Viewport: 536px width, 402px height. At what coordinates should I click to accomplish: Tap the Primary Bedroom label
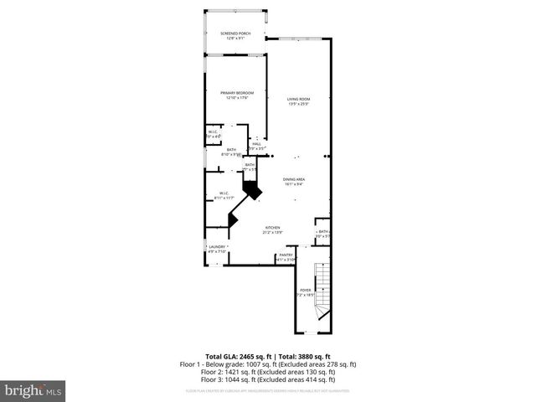pyautogui.click(x=237, y=92)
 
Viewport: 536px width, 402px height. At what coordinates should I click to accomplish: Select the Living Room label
pyautogui.click(x=299, y=99)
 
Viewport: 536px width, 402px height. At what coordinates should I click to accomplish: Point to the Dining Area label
pyautogui.click(x=293, y=179)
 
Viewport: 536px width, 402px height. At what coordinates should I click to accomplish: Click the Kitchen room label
pyautogui.click(x=273, y=227)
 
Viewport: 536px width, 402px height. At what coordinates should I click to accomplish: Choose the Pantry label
pyautogui.click(x=286, y=255)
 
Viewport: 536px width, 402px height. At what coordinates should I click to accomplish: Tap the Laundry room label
pyautogui.click(x=218, y=247)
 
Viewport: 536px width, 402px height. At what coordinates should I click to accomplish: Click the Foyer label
pyautogui.click(x=306, y=290)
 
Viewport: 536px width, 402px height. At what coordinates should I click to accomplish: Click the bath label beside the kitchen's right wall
pyautogui.click(x=323, y=232)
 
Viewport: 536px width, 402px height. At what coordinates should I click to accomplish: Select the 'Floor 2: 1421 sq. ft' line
pyautogui.click(x=268, y=372)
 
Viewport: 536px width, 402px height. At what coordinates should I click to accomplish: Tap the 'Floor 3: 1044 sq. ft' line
pyautogui.click(x=268, y=379)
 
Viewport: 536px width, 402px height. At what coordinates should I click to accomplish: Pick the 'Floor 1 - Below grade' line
pyautogui.click(x=268, y=364)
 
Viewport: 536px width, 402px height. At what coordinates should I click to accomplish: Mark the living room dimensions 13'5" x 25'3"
pyautogui.click(x=299, y=104)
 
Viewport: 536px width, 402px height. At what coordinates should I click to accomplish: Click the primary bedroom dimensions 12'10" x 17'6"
pyautogui.click(x=237, y=98)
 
